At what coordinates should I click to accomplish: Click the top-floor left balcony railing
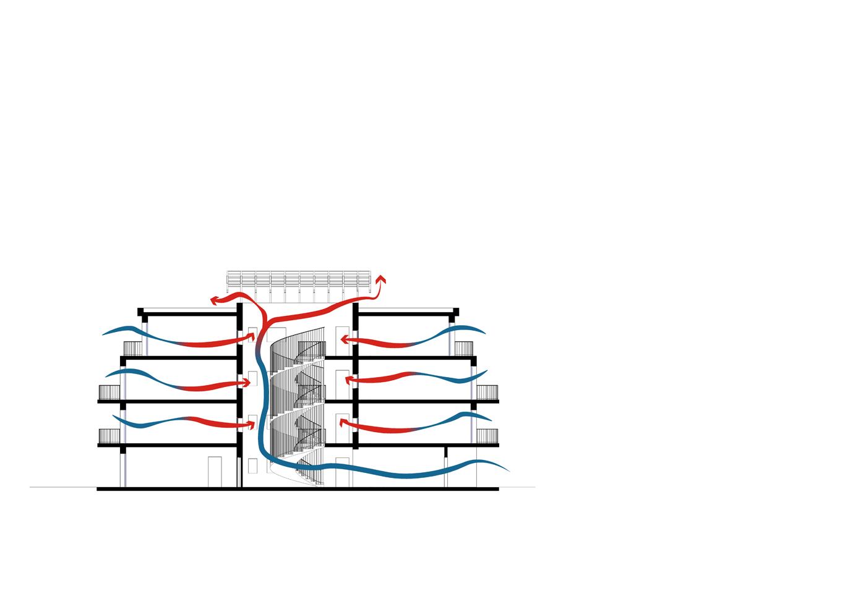(133, 349)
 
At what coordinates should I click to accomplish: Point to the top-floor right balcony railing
(464, 349)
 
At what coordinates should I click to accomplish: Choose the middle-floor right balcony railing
(487, 393)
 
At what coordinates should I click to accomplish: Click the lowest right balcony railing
(487, 436)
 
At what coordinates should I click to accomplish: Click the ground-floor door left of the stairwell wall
(215, 472)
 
